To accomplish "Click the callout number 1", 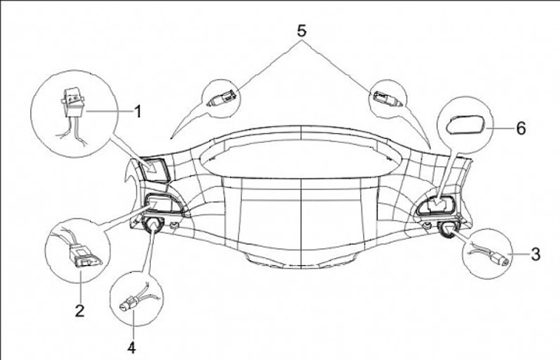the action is (138, 112).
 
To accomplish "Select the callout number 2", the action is (79, 311).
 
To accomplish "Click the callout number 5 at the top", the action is (301, 31).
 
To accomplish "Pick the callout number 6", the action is (520, 128).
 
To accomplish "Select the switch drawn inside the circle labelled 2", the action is (81, 253).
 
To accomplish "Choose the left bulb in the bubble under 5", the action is (222, 98).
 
